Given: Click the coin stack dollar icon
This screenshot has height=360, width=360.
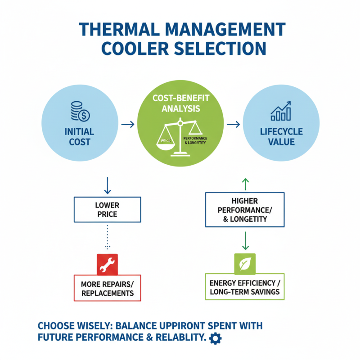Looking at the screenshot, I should tap(81, 112).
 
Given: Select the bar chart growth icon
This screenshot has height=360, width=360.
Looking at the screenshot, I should tap(281, 112).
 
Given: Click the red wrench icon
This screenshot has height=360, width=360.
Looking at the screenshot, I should tap(107, 265).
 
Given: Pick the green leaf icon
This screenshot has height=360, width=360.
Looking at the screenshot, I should tap(245, 264).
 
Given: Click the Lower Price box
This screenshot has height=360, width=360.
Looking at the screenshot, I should tap(107, 210).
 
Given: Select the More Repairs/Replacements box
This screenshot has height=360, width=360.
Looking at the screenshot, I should tap(107, 288).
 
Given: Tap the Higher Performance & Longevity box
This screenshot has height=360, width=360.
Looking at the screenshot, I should tap(245, 210).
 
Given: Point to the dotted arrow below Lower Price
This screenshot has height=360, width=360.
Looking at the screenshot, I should tap(107, 237).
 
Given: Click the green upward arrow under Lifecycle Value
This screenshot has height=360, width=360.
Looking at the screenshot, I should tap(245, 183).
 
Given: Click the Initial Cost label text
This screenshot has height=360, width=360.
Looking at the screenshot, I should tap(79, 137).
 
